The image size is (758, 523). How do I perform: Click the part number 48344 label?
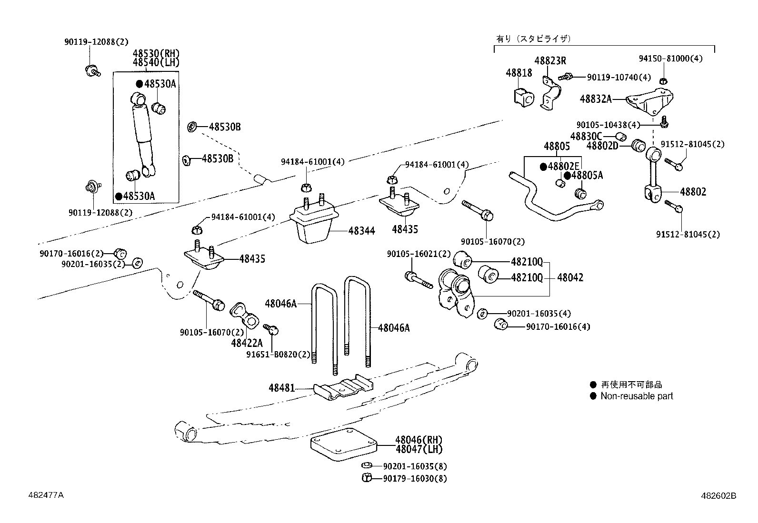coord(361,231)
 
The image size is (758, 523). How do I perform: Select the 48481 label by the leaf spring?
coord(282,388)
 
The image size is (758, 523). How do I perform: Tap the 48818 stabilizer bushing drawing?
coord(524,98)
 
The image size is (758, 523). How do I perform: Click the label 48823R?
coord(550,61)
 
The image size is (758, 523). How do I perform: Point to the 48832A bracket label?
coord(595,99)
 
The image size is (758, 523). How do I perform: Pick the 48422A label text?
coord(247,343)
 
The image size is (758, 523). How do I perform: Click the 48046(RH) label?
coord(419,440)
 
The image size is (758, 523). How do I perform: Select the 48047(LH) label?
coord(419,449)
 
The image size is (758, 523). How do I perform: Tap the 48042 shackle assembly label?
coord(570,277)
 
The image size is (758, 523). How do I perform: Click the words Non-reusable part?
coord(637,396)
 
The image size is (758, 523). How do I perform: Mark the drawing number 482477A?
coord(46,495)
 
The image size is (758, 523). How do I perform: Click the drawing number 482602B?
coord(718,495)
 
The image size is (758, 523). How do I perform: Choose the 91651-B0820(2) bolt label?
coord(278,355)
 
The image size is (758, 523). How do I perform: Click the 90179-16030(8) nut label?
coord(415,479)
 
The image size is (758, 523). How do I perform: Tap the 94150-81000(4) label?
coord(670,59)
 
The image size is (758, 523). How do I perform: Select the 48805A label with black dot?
coord(587,176)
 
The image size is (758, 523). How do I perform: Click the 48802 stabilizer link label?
coord(693,192)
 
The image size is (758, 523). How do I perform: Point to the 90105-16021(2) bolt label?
coord(419,255)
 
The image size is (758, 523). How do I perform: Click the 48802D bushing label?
coord(602,146)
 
